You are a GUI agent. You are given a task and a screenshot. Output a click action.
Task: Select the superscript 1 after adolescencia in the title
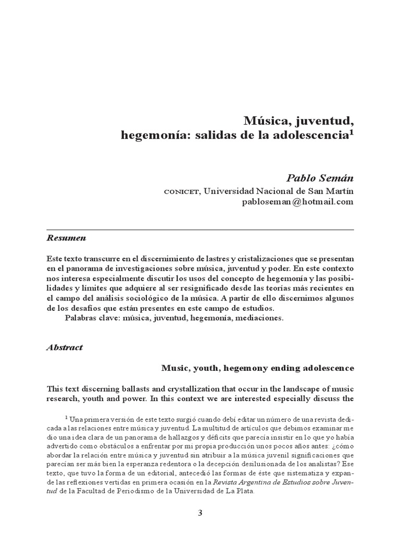pos(351,133)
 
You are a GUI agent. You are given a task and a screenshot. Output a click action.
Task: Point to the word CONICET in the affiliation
pos(182,191)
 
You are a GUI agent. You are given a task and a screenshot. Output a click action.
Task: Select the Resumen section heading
pos(66,238)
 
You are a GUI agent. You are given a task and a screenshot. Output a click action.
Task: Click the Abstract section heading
pos(65,347)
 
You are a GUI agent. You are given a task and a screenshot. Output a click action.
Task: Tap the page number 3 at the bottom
pos(199,513)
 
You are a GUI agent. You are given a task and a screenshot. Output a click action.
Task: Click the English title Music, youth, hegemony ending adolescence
pos(258,368)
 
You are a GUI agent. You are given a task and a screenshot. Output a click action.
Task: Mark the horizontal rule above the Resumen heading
pos(200,230)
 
